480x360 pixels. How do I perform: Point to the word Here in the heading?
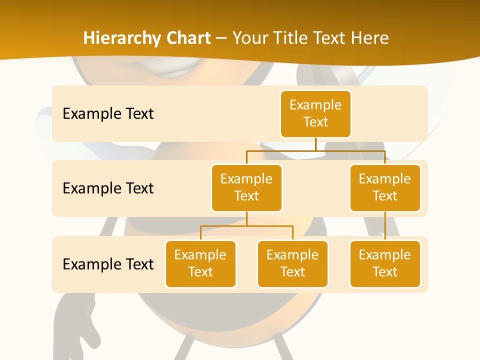click(x=369, y=38)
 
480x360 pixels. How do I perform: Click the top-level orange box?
click(x=315, y=113)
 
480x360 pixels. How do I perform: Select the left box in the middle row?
click(x=246, y=187)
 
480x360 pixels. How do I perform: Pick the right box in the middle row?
click(x=385, y=187)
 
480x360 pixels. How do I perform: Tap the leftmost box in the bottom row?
click(x=200, y=263)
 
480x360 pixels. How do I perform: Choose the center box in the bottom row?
click(x=292, y=263)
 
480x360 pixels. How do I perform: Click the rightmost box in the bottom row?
click(x=385, y=263)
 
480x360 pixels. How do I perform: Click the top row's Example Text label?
click(x=108, y=114)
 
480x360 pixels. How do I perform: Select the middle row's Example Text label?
click(x=108, y=188)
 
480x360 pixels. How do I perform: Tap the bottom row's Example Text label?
click(x=108, y=264)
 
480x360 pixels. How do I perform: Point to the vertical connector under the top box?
click(x=315, y=144)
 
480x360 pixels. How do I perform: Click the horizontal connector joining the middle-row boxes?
click(x=315, y=150)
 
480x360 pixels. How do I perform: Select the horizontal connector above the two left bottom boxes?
click(x=246, y=226)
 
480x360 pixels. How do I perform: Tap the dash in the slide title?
click(x=221, y=38)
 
